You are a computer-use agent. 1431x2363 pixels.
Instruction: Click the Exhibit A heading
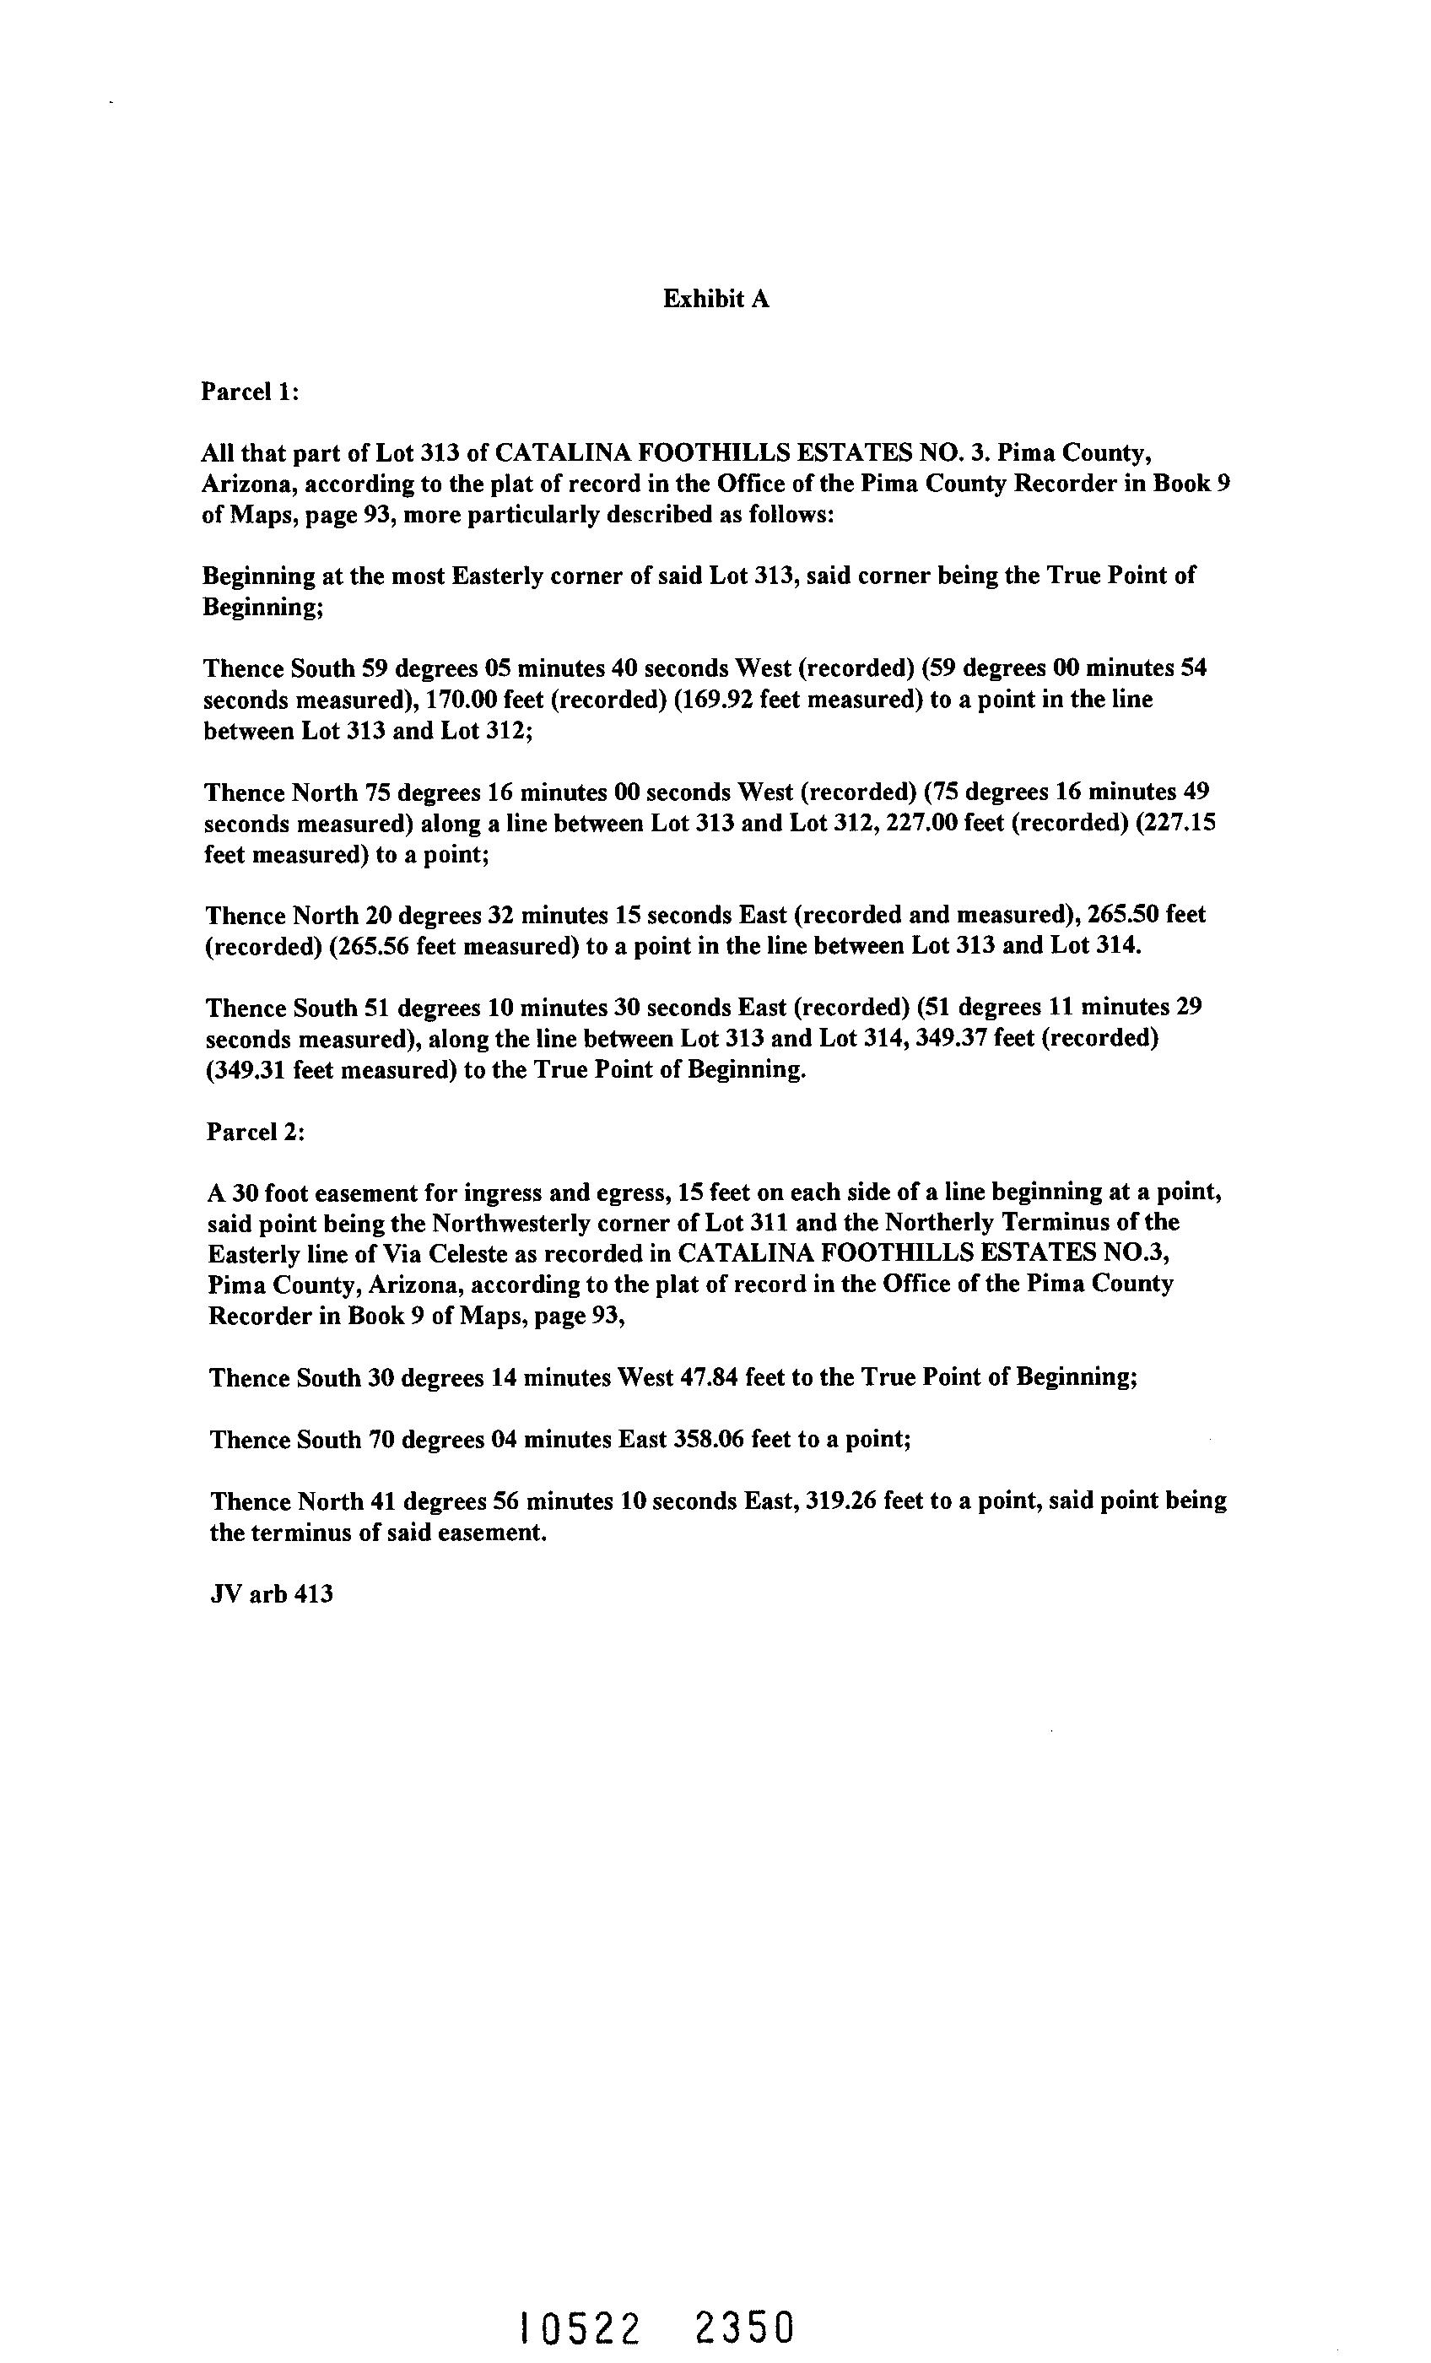pos(715,300)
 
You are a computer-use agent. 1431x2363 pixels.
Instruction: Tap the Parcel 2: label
pos(255,1132)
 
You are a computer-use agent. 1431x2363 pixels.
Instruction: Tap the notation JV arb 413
pos(272,1594)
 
